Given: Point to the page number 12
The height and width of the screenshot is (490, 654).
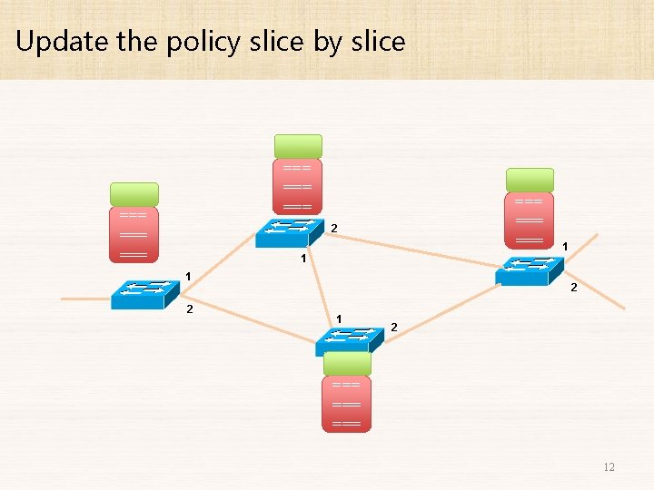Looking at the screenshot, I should pyautogui.click(x=609, y=467).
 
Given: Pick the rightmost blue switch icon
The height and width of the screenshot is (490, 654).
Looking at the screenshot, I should pyautogui.click(x=530, y=271).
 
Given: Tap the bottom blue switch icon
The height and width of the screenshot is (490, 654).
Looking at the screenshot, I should pyautogui.click(x=348, y=339).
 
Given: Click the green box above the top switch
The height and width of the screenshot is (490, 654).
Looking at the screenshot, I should pyautogui.click(x=298, y=146).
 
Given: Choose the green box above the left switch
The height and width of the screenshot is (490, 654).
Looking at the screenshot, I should pyautogui.click(x=134, y=194).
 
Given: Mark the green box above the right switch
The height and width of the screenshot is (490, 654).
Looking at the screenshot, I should pyautogui.click(x=530, y=180).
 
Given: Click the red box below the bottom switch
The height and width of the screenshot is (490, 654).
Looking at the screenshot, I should pyautogui.click(x=347, y=404).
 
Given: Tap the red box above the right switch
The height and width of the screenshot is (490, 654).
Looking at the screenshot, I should pyautogui.click(x=530, y=219).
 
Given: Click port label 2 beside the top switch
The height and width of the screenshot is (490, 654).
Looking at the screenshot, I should pyautogui.click(x=333, y=227).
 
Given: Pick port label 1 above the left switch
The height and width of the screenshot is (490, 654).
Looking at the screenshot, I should pyautogui.click(x=187, y=276).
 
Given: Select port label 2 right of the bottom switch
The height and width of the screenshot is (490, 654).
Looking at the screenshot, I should pyautogui.click(x=393, y=327).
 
